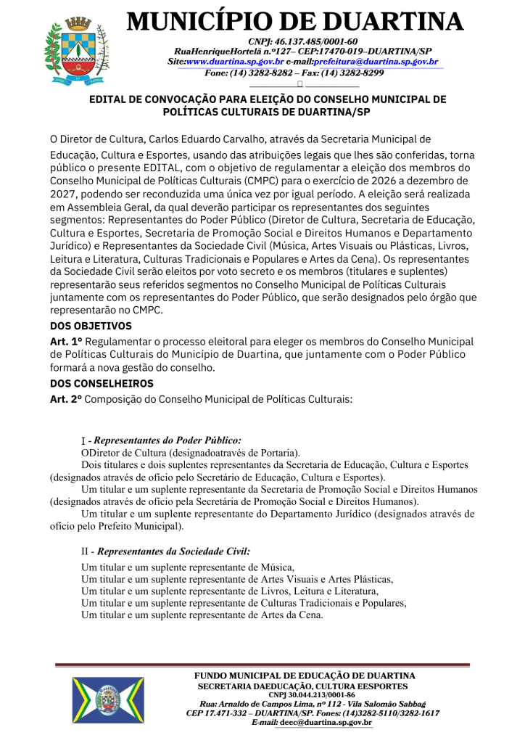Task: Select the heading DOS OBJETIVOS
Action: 91,326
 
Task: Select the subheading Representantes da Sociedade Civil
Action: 171,551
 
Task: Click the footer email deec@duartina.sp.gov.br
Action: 326,723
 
